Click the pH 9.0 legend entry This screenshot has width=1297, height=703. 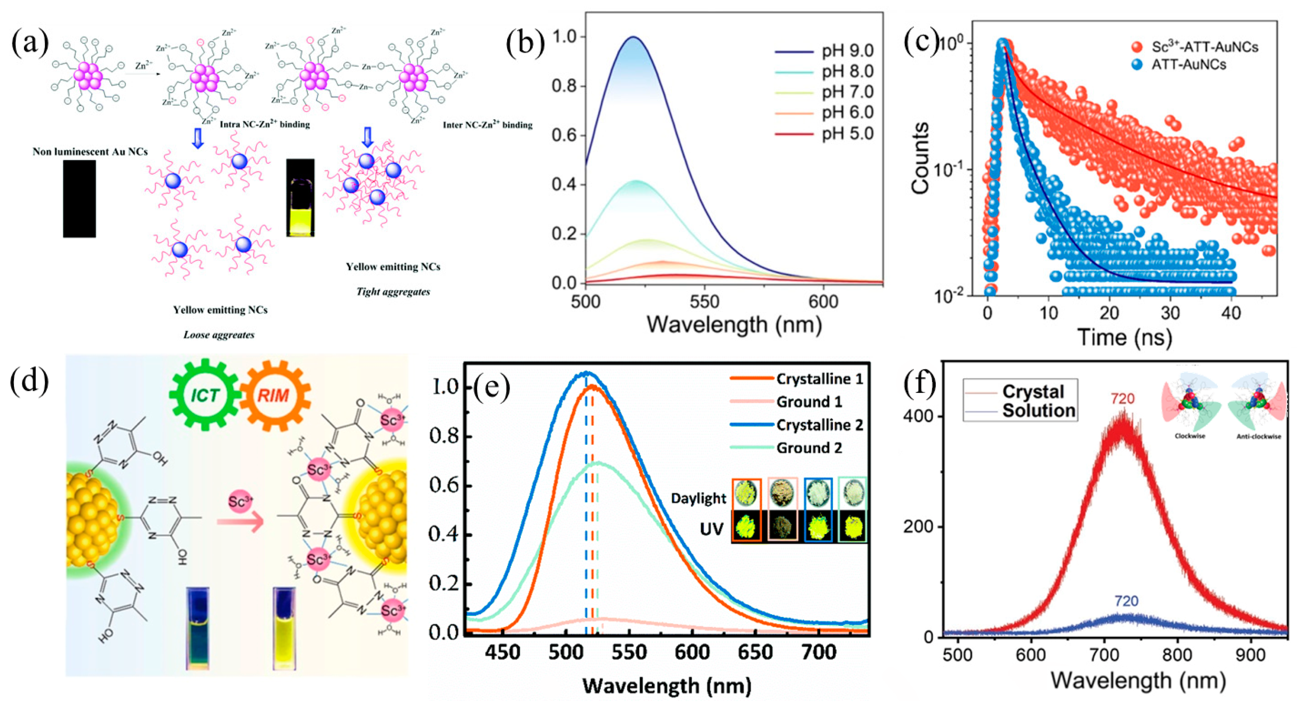coord(847,51)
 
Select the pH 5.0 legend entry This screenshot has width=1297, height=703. coord(847,134)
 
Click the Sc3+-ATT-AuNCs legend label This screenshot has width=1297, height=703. coord(1204,47)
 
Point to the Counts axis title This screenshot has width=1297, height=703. coord(920,157)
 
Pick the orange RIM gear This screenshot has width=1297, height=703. coord(274,395)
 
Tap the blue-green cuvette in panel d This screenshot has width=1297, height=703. coord(198,628)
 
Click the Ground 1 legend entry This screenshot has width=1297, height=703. coord(809,402)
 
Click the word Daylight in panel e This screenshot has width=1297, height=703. coord(699,498)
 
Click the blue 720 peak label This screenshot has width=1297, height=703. coord(1126,601)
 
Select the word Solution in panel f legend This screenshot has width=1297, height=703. coord(1039,410)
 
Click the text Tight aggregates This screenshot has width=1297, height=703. coord(393,292)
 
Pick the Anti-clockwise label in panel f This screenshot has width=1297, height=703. coord(1259,436)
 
